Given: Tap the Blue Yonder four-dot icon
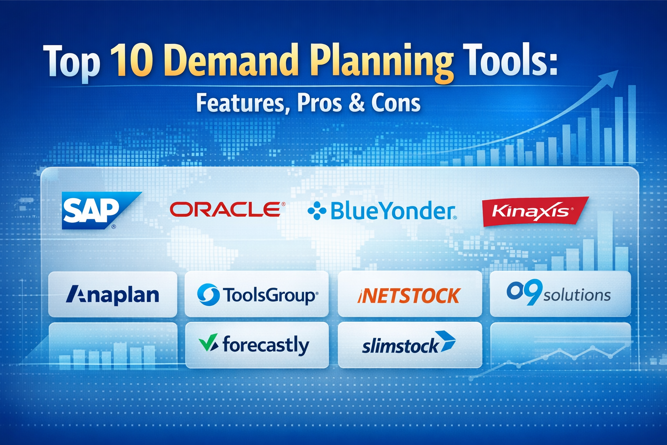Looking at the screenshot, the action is [317, 210].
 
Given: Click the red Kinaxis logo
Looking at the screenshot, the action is [535, 211].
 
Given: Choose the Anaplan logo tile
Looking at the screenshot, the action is [112, 294].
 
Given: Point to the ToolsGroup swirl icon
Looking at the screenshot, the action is [208, 295].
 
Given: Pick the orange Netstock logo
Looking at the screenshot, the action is [409, 296].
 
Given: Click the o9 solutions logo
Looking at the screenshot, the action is [558, 292].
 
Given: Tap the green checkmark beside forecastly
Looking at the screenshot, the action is [208, 342].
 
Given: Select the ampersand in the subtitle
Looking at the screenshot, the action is [356, 103].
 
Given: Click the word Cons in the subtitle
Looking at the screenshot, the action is [396, 103].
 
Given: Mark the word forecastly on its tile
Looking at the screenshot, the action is [266, 345].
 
